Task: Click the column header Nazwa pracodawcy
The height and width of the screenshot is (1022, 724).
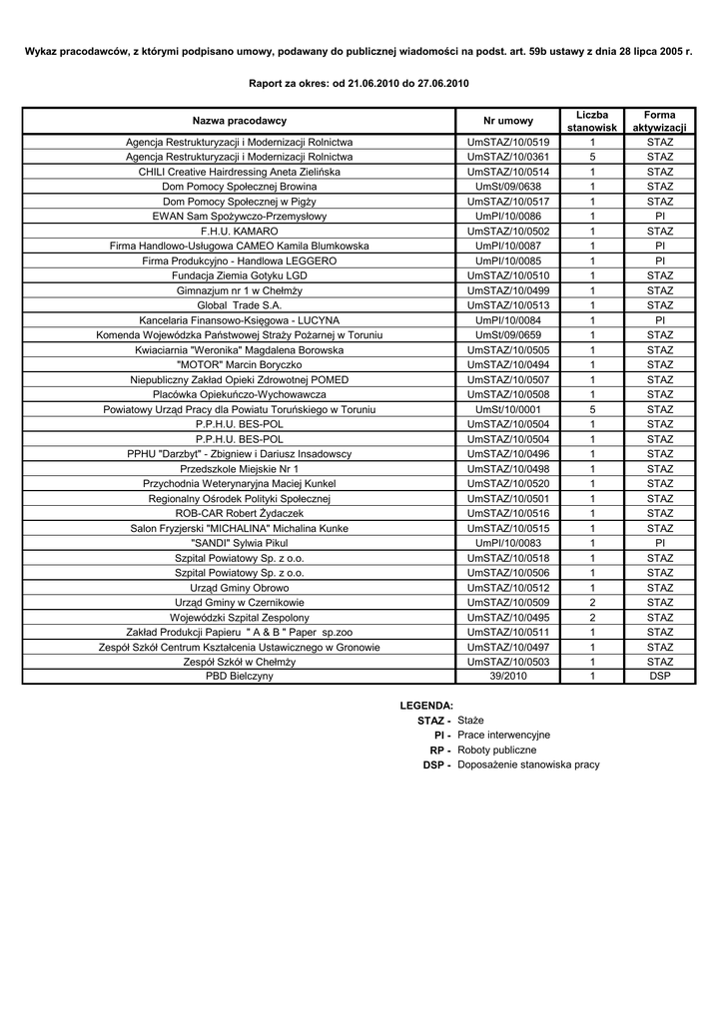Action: pyautogui.click(x=240, y=121)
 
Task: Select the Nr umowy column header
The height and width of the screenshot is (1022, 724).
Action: pyautogui.click(x=508, y=121)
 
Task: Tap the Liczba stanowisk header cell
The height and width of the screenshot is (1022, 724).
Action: pyautogui.click(x=592, y=121)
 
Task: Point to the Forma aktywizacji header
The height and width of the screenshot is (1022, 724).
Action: pyautogui.click(x=660, y=121)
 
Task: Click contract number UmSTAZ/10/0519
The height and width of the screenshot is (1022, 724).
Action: pyautogui.click(x=508, y=142)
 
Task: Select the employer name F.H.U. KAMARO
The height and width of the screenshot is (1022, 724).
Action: pyautogui.click(x=240, y=231)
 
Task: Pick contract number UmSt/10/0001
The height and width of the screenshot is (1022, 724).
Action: pyautogui.click(x=508, y=409)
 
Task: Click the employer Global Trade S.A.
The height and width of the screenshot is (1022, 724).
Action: pyautogui.click(x=240, y=305)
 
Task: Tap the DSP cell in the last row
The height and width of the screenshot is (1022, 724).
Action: pyautogui.click(x=660, y=676)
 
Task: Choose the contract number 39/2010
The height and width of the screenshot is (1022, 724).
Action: pyautogui.click(x=508, y=676)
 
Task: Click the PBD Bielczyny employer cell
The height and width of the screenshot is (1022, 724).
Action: pyautogui.click(x=240, y=676)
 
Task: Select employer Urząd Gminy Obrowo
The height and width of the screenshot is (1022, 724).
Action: pyautogui.click(x=240, y=587)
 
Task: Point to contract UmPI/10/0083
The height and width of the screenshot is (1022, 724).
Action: pyautogui.click(x=508, y=543)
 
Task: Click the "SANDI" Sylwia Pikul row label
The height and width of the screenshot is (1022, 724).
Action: pyautogui.click(x=240, y=543)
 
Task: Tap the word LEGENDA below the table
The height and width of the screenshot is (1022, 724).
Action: pyautogui.click(x=426, y=705)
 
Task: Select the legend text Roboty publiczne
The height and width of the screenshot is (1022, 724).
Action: pyautogui.click(x=496, y=750)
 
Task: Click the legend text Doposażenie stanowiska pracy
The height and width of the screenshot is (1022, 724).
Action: pyautogui.click(x=528, y=765)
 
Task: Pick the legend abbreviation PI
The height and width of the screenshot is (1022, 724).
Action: pyautogui.click(x=441, y=735)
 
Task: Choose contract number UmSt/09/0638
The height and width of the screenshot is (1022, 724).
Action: pyautogui.click(x=508, y=187)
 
